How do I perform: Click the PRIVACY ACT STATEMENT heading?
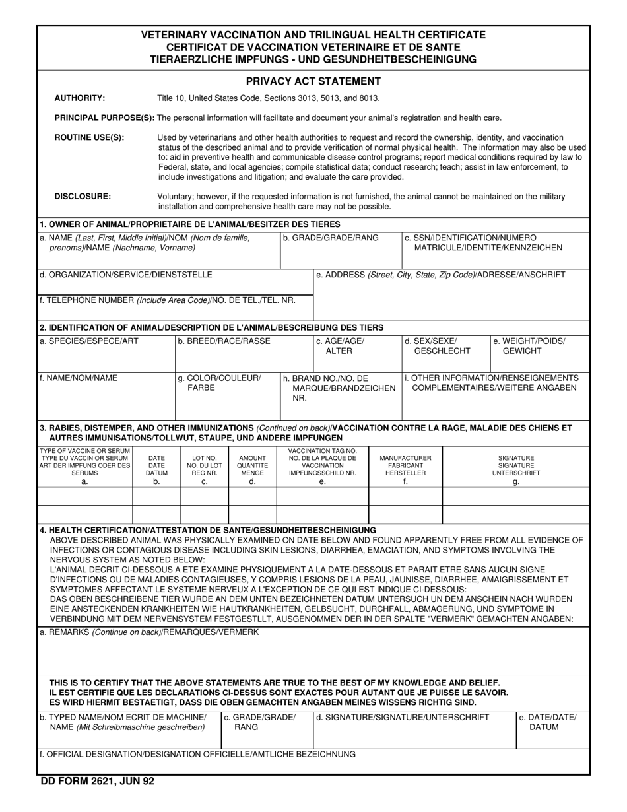(x=313, y=81)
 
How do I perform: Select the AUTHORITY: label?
(x=79, y=98)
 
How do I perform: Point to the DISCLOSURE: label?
(x=82, y=196)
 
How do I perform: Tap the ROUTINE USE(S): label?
(x=89, y=138)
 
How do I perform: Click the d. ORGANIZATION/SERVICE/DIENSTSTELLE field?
(x=125, y=275)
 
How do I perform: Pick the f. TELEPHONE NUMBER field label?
(x=168, y=300)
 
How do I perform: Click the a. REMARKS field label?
(x=149, y=632)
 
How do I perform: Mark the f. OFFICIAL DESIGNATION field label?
(x=197, y=754)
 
